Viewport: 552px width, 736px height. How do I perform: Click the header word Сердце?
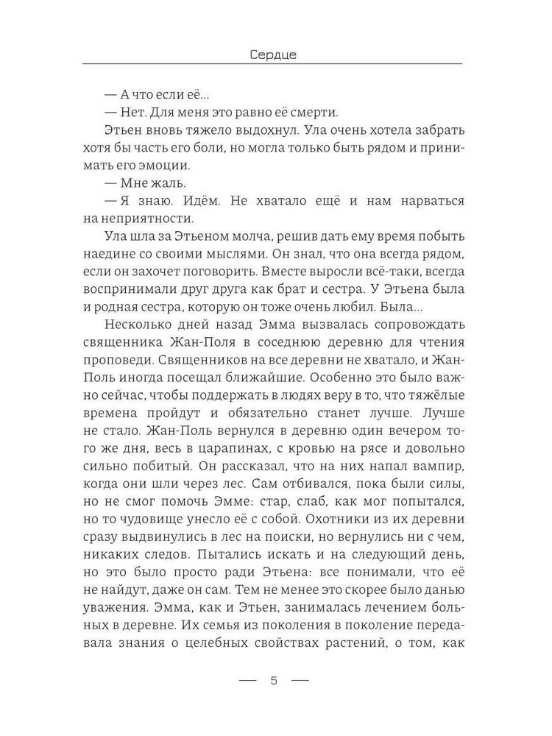(272, 54)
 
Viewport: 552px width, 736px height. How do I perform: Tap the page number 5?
(274, 679)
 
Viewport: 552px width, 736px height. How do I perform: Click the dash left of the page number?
(247, 679)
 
